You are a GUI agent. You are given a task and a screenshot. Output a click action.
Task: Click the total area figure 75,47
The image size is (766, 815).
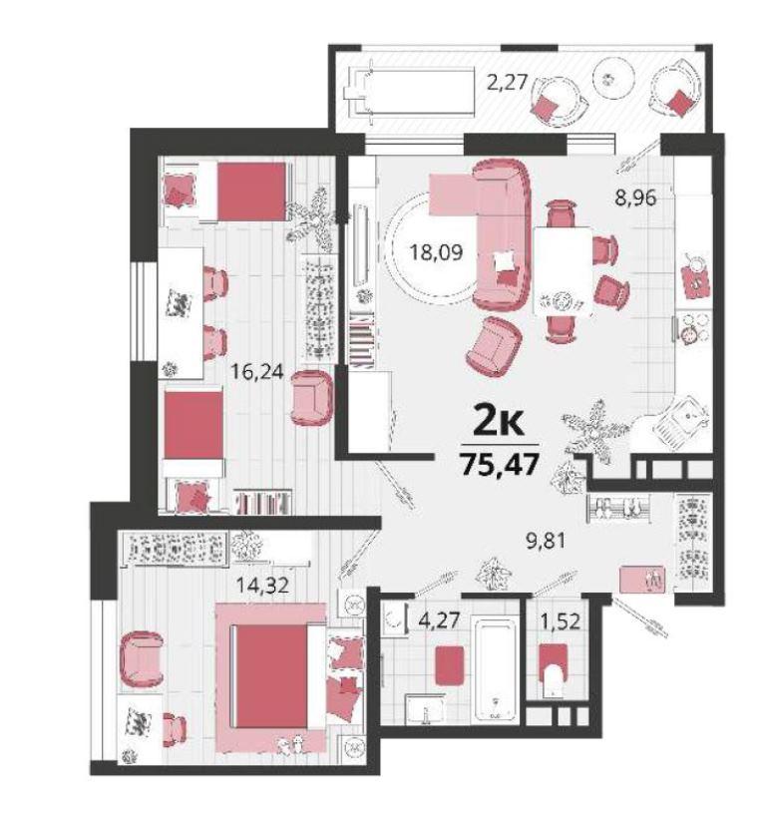pos(499,464)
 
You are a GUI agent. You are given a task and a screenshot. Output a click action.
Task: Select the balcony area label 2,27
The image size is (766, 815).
pos(508,82)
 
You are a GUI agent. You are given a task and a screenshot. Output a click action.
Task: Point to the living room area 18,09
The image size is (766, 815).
pos(436,252)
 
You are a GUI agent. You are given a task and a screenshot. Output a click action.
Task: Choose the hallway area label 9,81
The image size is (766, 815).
pos(545,541)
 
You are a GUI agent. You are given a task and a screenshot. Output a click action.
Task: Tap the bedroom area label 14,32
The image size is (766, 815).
pos(262,586)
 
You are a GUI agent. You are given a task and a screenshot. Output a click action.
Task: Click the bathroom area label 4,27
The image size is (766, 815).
pos(440,620)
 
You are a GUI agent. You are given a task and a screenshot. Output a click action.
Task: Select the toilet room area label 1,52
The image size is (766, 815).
pos(562,620)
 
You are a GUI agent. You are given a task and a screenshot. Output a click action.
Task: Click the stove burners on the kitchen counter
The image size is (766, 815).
pos(693,326)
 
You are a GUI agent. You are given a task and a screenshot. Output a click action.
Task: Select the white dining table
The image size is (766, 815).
pos(564,271)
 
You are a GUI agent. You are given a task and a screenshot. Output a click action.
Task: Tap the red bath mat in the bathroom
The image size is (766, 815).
pos(449,664)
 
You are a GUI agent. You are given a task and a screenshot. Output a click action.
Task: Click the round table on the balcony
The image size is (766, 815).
pos(614,79)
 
